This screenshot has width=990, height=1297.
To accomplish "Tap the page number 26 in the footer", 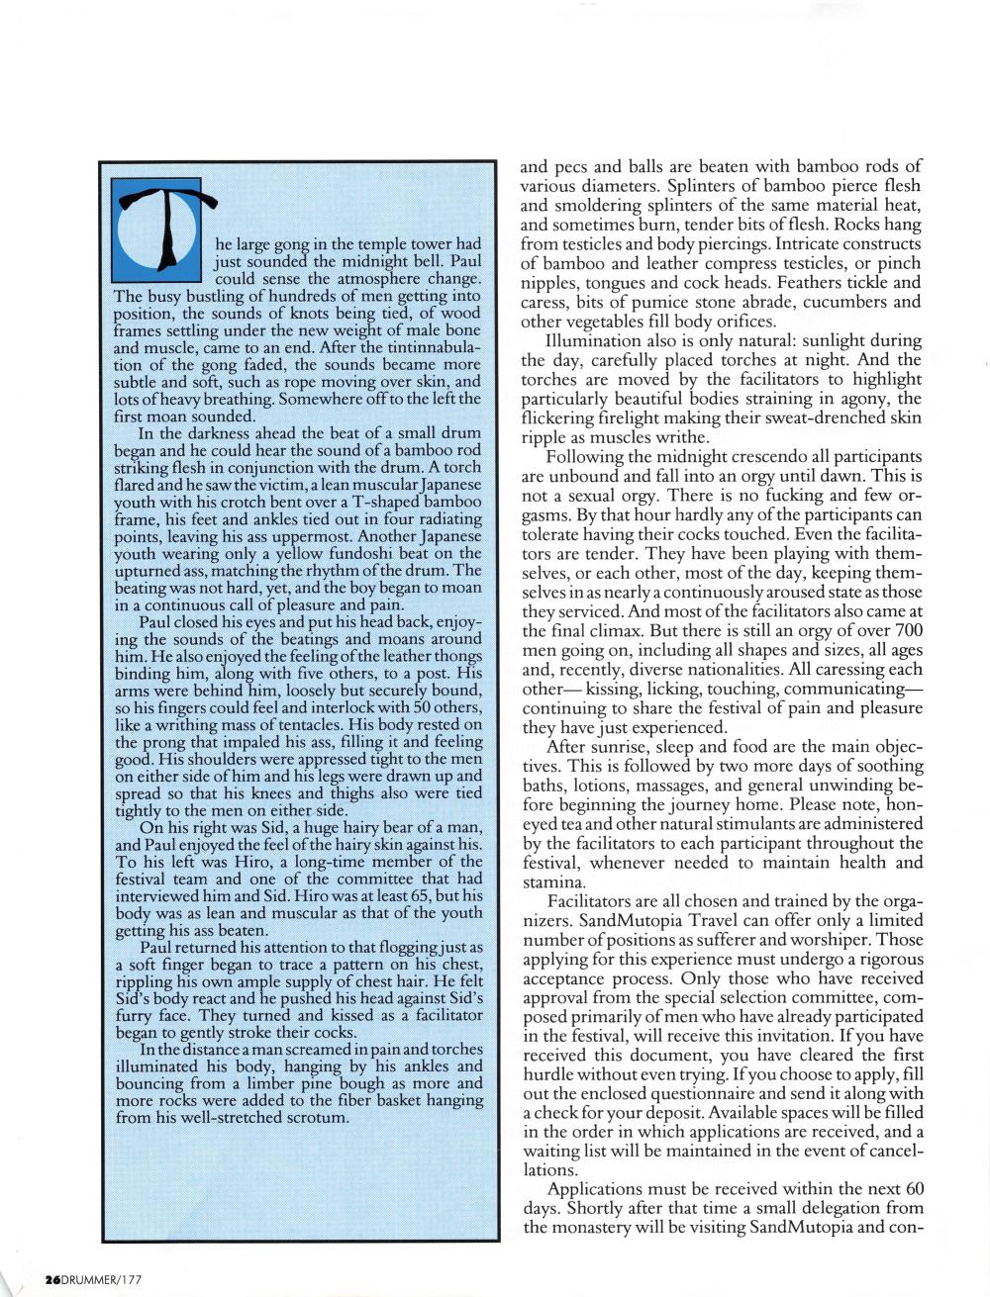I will pos(51,1279).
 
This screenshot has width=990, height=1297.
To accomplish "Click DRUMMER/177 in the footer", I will pos(103,1279).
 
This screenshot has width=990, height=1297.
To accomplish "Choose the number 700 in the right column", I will pos(909,631).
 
